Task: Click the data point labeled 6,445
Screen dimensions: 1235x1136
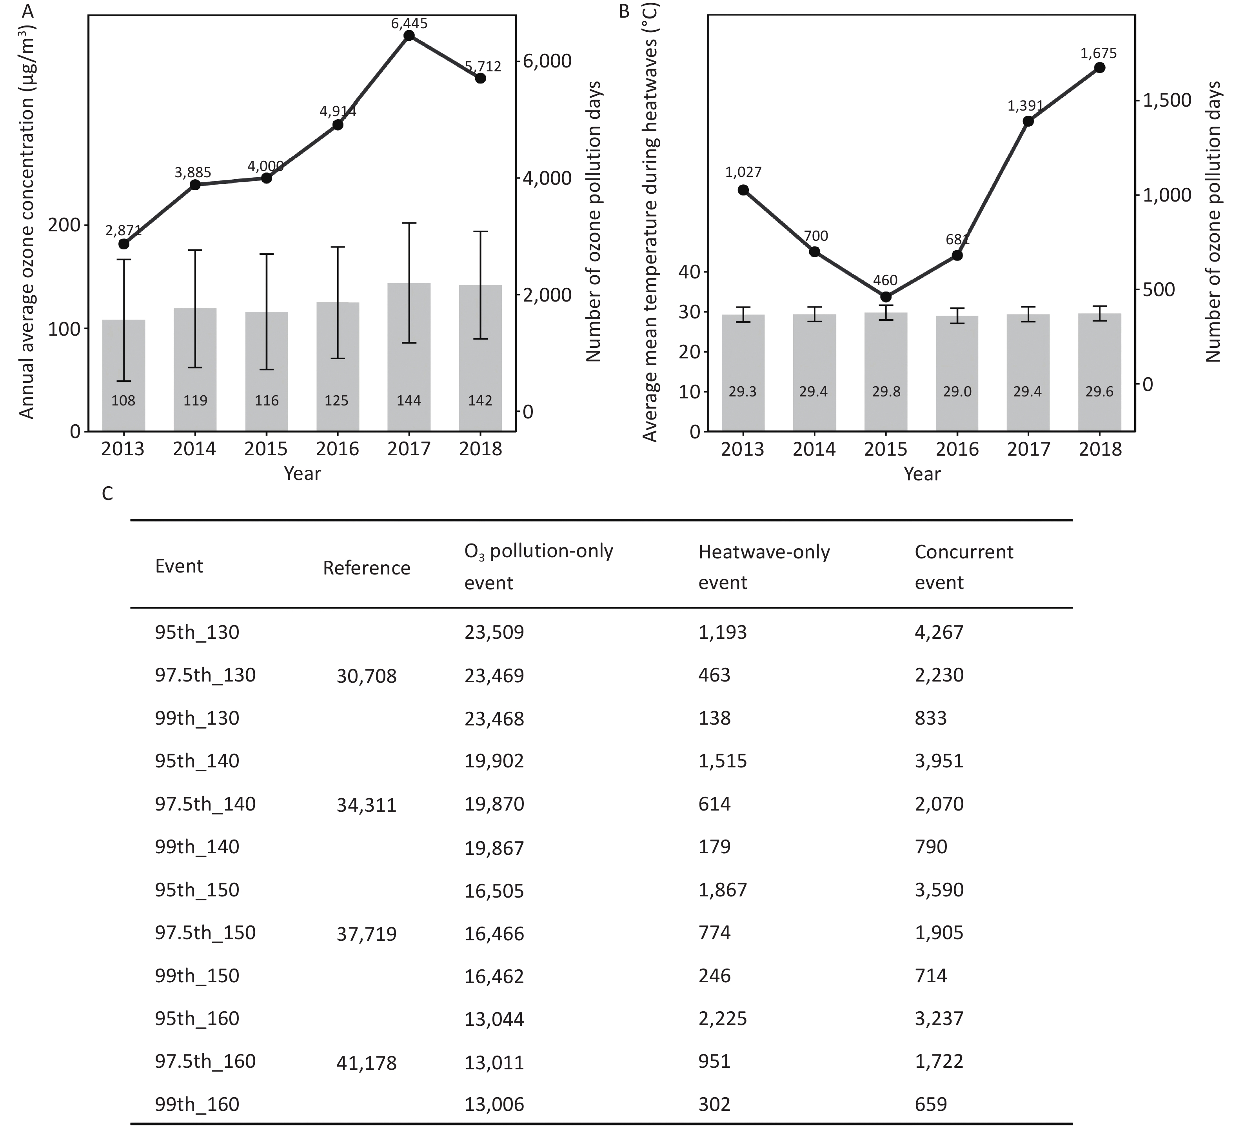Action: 409,36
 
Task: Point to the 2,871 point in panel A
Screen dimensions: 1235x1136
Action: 123,244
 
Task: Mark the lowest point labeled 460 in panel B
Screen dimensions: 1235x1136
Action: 886,297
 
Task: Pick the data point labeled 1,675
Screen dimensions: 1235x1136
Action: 1100,67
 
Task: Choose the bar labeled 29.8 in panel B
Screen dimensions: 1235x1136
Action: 886,372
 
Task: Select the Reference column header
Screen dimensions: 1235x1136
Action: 366,567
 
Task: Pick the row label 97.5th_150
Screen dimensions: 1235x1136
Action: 205,932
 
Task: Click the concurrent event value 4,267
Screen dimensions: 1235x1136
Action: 939,632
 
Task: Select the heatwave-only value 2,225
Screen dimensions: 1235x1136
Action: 722,1019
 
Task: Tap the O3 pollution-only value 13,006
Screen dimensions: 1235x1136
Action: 494,1105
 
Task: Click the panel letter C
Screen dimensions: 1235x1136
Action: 107,494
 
